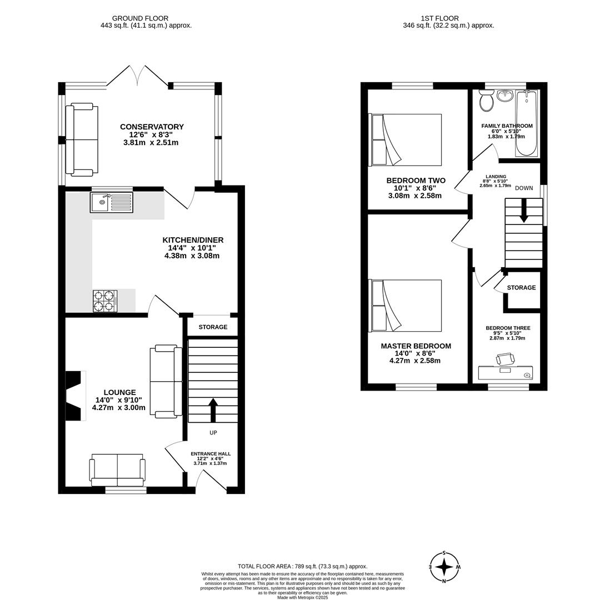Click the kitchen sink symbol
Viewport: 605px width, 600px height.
(111, 202)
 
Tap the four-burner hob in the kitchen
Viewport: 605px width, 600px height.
(105, 301)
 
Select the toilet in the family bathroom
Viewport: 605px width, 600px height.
(487, 101)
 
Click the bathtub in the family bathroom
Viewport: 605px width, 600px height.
(526, 123)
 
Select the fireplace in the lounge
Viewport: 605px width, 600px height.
(74, 396)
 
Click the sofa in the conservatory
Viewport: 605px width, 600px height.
(81, 139)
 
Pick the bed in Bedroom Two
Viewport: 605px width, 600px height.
(406, 139)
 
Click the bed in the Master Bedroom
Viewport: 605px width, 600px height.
(406, 305)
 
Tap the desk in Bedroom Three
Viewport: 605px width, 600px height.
(505, 372)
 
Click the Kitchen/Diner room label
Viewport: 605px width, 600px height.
(192, 240)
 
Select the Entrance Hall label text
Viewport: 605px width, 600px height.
(210, 454)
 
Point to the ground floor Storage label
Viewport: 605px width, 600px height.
(213, 327)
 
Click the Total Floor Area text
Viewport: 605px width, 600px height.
(302, 566)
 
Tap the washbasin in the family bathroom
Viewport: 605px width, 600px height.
(504, 96)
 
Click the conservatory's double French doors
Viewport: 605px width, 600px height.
(137, 77)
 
